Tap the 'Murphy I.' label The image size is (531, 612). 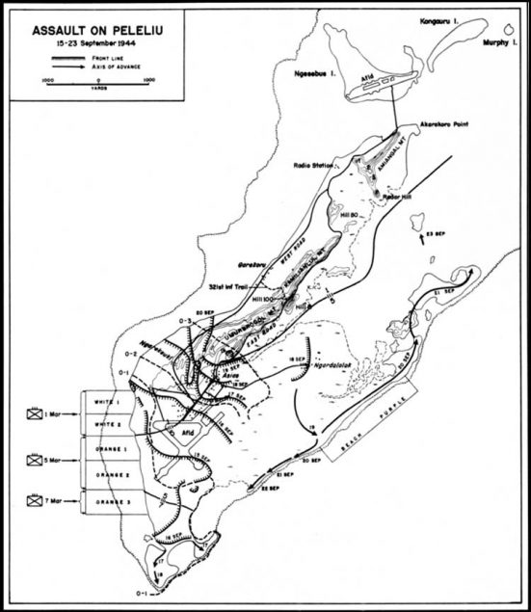point(492,43)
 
